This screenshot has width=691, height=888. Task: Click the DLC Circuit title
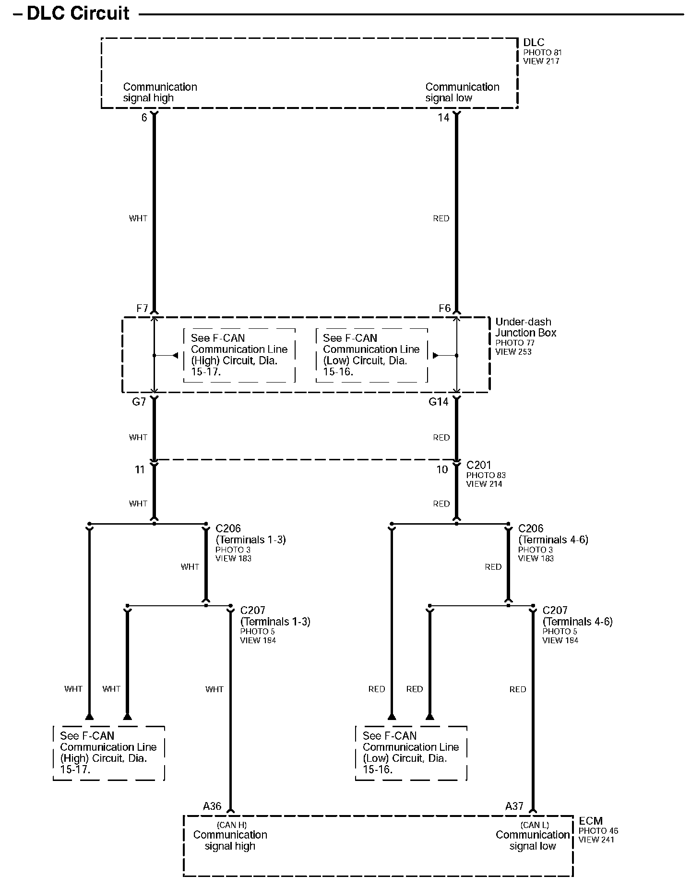tap(78, 13)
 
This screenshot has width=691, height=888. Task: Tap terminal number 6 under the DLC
tap(144, 118)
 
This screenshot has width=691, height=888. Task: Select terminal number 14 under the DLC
tap(443, 118)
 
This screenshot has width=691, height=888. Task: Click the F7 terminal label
tap(142, 308)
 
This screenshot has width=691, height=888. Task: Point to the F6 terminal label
tap(445, 308)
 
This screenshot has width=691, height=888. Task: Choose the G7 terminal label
tap(139, 402)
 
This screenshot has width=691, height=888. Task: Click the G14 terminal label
tap(439, 402)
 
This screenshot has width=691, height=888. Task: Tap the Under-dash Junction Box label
tap(525, 327)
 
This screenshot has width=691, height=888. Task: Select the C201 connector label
tap(479, 465)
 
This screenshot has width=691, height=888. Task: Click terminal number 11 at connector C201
tap(140, 469)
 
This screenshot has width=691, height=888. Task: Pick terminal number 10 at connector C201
tap(442, 469)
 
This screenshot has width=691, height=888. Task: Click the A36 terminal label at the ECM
tap(212, 806)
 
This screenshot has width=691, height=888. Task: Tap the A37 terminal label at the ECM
tap(514, 806)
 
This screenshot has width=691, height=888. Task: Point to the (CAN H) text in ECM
tap(232, 825)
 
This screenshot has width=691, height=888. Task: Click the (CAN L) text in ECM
tap(535, 825)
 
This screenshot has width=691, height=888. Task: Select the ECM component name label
tap(591, 821)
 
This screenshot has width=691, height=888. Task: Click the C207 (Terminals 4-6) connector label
tap(577, 616)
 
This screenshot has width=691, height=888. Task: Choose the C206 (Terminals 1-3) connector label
tap(250, 534)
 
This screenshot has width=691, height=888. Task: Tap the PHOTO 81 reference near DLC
tap(542, 52)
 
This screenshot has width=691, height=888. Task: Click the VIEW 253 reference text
tap(513, 352)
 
